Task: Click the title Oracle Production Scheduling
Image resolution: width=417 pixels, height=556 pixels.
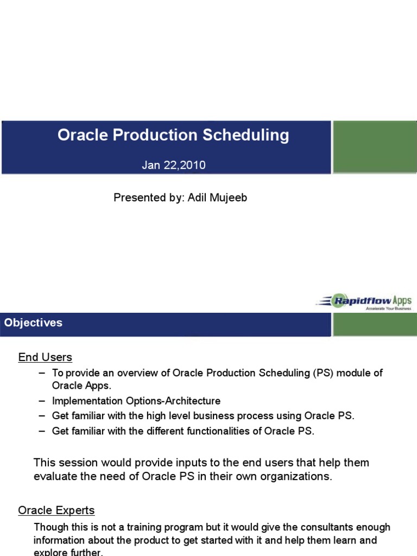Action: click(173, 135)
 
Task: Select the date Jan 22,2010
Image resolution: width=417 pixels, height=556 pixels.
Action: click(174, 165)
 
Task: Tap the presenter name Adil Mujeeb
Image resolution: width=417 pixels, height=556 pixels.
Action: click(217, 198)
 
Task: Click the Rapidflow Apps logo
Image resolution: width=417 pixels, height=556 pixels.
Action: click(365, 301)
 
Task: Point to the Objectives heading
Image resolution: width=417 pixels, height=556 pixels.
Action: click(33, 323)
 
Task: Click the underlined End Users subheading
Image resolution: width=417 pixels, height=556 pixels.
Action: click(45, 357)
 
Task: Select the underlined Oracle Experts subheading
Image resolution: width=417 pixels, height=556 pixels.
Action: click(56, 510)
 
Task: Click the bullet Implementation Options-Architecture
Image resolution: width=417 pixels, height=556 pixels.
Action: click(136, 401)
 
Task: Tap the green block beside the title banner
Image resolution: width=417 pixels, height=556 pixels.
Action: click(374, 147)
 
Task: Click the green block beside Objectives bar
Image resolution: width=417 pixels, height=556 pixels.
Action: click(374, 324)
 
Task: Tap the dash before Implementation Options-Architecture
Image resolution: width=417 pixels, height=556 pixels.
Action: click(42, 401)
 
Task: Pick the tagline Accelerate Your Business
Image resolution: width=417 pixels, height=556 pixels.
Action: click(388, 308)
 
